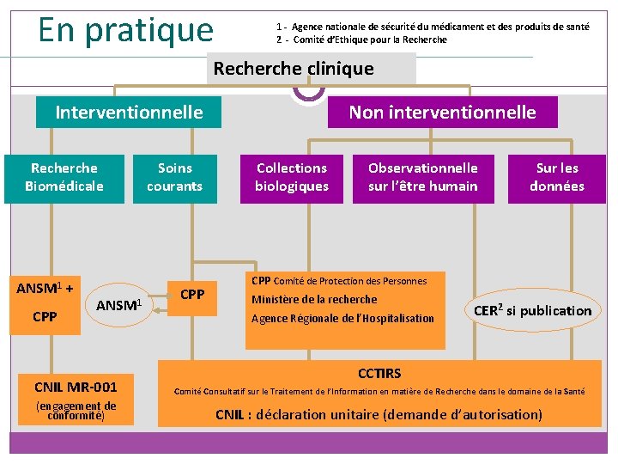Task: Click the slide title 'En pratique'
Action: point(125,29)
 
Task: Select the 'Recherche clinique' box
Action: point(294,69)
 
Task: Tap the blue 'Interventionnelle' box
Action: point(129,113)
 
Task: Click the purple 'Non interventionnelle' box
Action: point(442,113)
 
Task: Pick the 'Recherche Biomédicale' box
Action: point(64,177)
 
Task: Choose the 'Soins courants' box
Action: point(174,177)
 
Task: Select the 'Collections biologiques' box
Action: point(292,177)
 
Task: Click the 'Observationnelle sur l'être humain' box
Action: point(423,177)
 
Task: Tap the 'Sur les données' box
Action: point(557,177)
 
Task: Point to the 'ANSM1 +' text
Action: point(44,287)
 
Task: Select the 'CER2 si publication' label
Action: point(533,310)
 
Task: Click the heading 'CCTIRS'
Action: point(379,373)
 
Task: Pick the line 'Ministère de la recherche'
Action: point(314,300)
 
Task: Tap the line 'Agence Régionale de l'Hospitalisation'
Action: point(342,319)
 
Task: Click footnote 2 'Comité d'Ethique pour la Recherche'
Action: point(362,40)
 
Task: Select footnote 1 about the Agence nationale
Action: point(433,27)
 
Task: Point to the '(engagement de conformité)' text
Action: point(76,411)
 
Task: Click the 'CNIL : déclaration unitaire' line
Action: point(379,414)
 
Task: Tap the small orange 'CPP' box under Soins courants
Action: point(192,295)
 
